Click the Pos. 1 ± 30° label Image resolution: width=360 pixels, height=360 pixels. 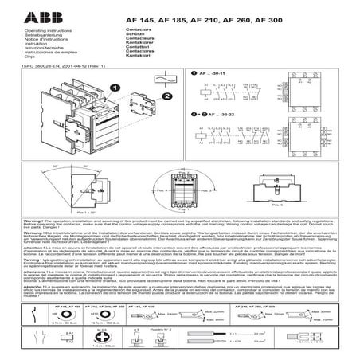88,213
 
